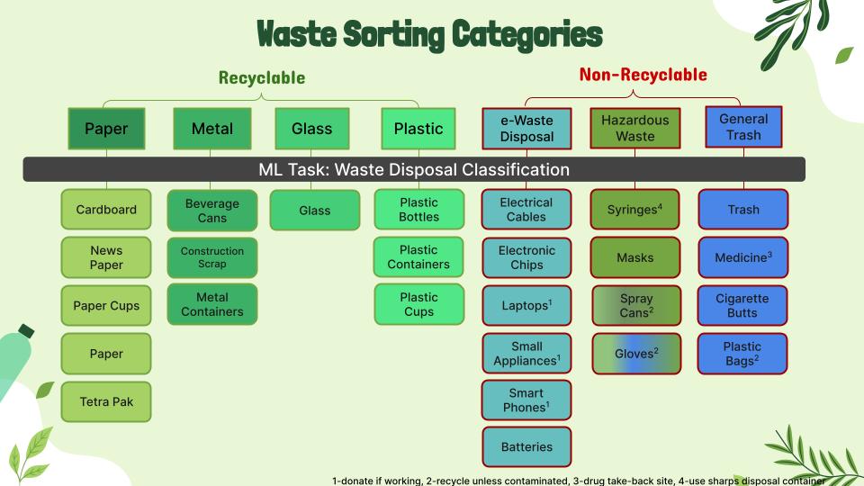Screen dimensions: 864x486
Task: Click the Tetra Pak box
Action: tap(106, 401)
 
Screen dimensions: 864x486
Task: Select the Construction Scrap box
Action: tap(212, 257)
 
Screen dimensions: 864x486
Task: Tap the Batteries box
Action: tap(526, 447)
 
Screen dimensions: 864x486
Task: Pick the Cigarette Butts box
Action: tap(742, 305)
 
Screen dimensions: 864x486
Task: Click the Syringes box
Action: tap(634, 210)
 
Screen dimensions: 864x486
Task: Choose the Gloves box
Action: tap(636, 354)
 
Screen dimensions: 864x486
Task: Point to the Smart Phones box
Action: tap(526, 400)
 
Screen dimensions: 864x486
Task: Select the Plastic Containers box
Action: tap(418, 256)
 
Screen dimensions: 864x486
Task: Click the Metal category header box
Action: tap(212, 129)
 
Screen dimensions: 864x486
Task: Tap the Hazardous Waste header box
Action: tap(634, 128)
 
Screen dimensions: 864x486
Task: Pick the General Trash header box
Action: tap(743, 127)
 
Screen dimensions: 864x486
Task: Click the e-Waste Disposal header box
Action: tap(526, 129)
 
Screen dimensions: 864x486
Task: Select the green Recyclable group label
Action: tap(262, 77)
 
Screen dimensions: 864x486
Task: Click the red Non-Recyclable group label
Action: tap(643, 75)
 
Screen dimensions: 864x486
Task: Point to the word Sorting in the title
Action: tap(393, 34)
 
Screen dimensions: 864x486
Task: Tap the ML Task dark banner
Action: tap(414, 169)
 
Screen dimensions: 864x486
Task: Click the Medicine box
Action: tap(742, 257)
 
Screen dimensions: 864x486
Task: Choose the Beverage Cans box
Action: tap(212, 211)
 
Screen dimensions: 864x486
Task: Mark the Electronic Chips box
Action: tap(526, 257)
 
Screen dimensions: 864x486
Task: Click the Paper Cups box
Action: tap(106, 306)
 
